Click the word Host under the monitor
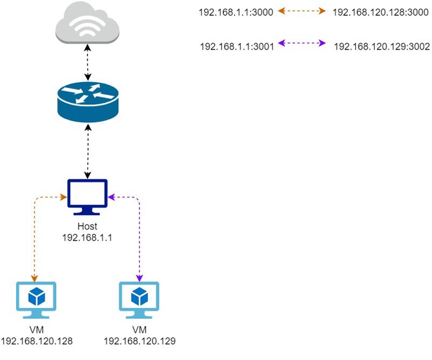[x=87, y=226]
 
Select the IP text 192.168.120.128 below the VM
[x=37, y=341]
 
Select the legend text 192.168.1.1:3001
[x=237, y=46]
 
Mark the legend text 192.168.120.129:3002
[x=382, y=46]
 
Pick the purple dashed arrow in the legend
[x=302, y=43]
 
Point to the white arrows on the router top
[x=87, y=92]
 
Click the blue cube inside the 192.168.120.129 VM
[x=139, y=296]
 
